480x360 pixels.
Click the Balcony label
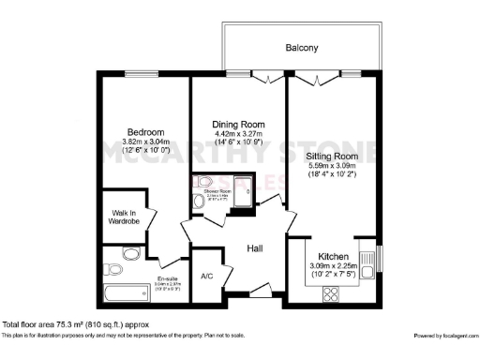tap(301, 48)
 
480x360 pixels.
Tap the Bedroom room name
tap(147, 132)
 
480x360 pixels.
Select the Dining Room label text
tap(238, 125)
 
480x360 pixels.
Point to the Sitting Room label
tap(333, 156)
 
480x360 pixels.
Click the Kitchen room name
tap(334, 256)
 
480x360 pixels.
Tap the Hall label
tap(255, 248)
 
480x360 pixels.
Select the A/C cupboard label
tap(207, 277)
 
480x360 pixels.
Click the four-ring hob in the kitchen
tap(330, 294)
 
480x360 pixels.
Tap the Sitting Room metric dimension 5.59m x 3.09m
tap(333, 166)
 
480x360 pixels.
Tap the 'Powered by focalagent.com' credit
tap(444, 335)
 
